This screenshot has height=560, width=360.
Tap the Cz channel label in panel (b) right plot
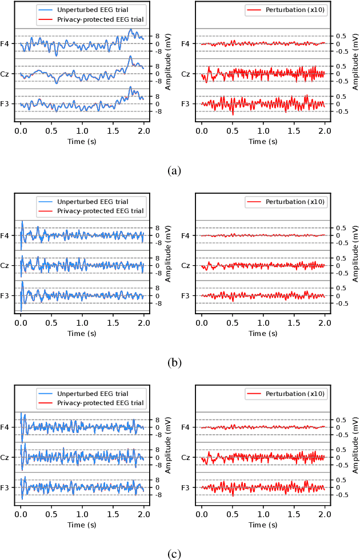(186, 266)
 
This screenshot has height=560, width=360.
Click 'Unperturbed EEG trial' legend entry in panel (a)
(93, 10)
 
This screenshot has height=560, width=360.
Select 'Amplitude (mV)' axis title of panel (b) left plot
(169, 266)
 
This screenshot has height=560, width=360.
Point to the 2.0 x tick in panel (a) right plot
(325, 131)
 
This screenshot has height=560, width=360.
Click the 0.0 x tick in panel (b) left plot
(21, 323)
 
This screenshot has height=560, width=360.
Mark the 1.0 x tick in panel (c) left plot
(82, 515)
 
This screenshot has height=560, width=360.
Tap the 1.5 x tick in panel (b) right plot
(294, 323)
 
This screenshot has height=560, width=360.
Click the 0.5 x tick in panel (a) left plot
(51, 131)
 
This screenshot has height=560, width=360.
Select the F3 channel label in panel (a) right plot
(186, 104)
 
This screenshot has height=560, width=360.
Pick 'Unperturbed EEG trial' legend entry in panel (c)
(93, 394)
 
